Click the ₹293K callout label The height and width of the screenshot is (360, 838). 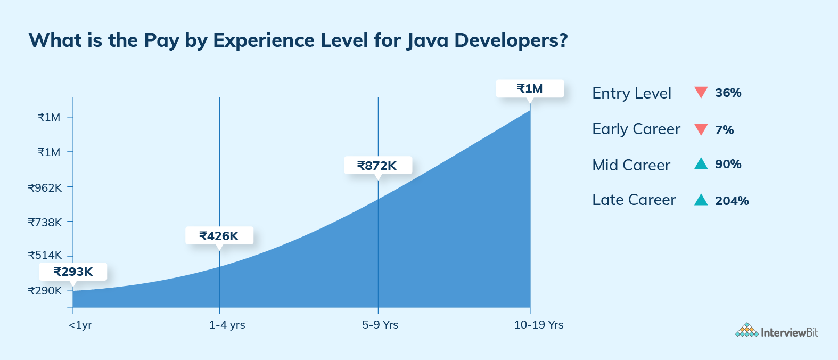pos(73,272)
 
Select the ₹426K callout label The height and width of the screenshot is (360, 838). pos(219,236)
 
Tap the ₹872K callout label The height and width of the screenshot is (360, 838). pos(377,166)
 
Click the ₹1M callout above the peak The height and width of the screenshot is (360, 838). pos(530,88)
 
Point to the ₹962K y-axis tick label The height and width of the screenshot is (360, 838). pos(45,187)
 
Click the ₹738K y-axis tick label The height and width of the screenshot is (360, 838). pos(45,222)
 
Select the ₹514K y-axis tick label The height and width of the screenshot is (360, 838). pos(45,255)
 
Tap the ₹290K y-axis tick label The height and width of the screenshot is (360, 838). pos(45,291)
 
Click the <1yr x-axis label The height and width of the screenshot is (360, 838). pos(80,325)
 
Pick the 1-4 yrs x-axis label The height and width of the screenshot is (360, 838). pos(227,325)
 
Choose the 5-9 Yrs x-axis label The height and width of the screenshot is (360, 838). pos(380,325)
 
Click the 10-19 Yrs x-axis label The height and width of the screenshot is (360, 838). pos(538,325)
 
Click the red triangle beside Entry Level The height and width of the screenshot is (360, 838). pos(701,92)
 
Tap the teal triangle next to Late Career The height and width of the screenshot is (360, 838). pos(701,200)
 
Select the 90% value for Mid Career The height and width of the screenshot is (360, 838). pos(728,164)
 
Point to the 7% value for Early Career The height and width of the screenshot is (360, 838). pos(724,130)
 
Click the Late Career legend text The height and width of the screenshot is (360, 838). pos(634,200)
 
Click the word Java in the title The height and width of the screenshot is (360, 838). pos(428,40)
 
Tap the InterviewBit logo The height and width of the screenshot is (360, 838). pos(776,331)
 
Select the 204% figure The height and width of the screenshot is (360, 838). pos(732,201)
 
